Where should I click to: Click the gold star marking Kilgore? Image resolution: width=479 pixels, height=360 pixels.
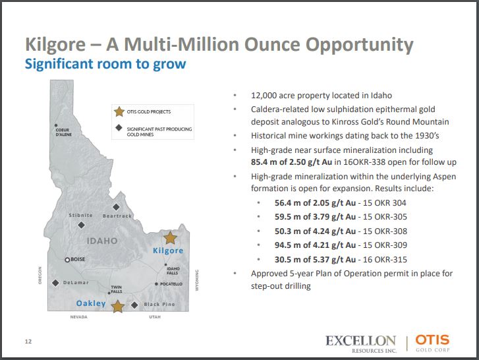(x=170, y=237)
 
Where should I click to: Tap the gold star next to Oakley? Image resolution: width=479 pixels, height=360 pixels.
(x=118, y=306)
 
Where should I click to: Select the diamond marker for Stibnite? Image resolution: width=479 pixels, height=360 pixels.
(x=81, y=225)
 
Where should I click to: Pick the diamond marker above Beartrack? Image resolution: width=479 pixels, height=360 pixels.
(x=116, y=207)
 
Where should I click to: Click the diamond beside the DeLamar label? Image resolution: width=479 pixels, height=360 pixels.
(x=55, y=283)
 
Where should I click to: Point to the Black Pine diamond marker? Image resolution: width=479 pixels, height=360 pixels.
(x=134, y=305)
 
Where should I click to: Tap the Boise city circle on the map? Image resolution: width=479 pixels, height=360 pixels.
(x=67, y=260)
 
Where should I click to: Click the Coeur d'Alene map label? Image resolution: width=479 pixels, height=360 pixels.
(x=63, y=132)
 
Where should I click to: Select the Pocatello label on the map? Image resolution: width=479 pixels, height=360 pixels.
(x=171, y=284)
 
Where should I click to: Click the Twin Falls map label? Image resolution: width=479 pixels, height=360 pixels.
(x=117, y=289)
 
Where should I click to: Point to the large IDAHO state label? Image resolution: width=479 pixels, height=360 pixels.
(x=102, y=241)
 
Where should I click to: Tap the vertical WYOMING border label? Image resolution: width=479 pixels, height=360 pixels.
(x=197, y=280)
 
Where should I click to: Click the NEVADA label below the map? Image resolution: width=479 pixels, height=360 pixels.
(x=79, y=317)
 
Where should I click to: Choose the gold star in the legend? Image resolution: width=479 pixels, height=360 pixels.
(x=119, y=111)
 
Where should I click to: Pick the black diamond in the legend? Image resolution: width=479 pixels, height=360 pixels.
(x=119, y=128)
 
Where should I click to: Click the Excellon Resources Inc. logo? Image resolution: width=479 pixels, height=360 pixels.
(x=361, y=344)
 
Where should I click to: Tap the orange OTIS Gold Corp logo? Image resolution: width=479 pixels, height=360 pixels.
(x=432, y=343)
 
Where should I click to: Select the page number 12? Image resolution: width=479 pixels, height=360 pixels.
(x=28, y=342)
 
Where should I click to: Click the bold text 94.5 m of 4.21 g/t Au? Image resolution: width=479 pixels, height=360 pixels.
(x=315, y=245)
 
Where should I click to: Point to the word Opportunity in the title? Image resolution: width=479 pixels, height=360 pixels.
(x=359, y=45)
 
